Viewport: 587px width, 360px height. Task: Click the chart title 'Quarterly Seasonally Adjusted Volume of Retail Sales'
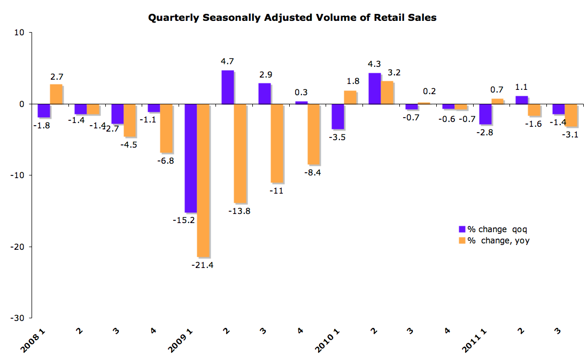[292, 18]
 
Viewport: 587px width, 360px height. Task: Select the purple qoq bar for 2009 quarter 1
[190, 158]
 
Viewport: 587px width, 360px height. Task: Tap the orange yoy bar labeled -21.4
[204, 180]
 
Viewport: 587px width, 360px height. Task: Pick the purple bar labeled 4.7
[227, 87]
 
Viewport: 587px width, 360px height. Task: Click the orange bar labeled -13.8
[241, 154]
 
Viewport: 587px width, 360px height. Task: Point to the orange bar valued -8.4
[314, 134]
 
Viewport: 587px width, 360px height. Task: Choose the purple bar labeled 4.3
[374, 88]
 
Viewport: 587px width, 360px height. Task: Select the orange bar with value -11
[277, 143]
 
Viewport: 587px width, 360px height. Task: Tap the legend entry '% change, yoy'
[493, 241]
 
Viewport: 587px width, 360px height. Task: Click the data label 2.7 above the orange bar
[57, 77]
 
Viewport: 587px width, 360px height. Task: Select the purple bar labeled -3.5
[337, 117]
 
